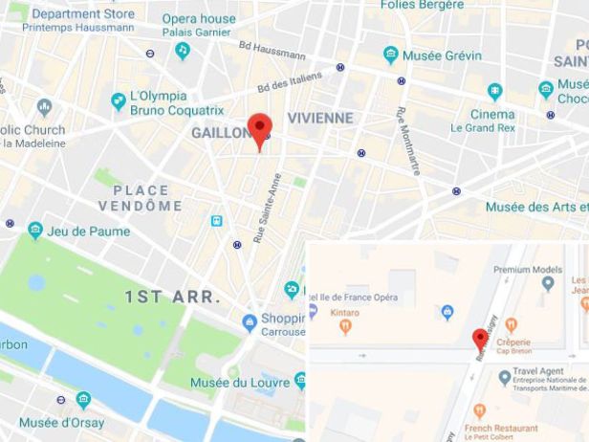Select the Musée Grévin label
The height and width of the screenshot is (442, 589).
coord(441,55)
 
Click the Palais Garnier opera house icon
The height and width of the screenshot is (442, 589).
coord(183,51)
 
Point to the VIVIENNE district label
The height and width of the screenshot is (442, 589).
coord(320,118)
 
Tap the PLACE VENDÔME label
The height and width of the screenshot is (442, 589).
coord(140,198)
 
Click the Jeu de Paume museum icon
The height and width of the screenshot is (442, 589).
coord(35,230)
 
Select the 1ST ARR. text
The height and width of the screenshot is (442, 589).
coord(172,297)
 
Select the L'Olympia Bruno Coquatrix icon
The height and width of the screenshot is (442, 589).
coord(119,100)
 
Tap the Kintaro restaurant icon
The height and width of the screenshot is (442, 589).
coord(345,327)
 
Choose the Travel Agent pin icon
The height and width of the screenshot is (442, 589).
coord(504,379)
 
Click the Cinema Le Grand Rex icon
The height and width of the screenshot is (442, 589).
coord(494,92)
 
